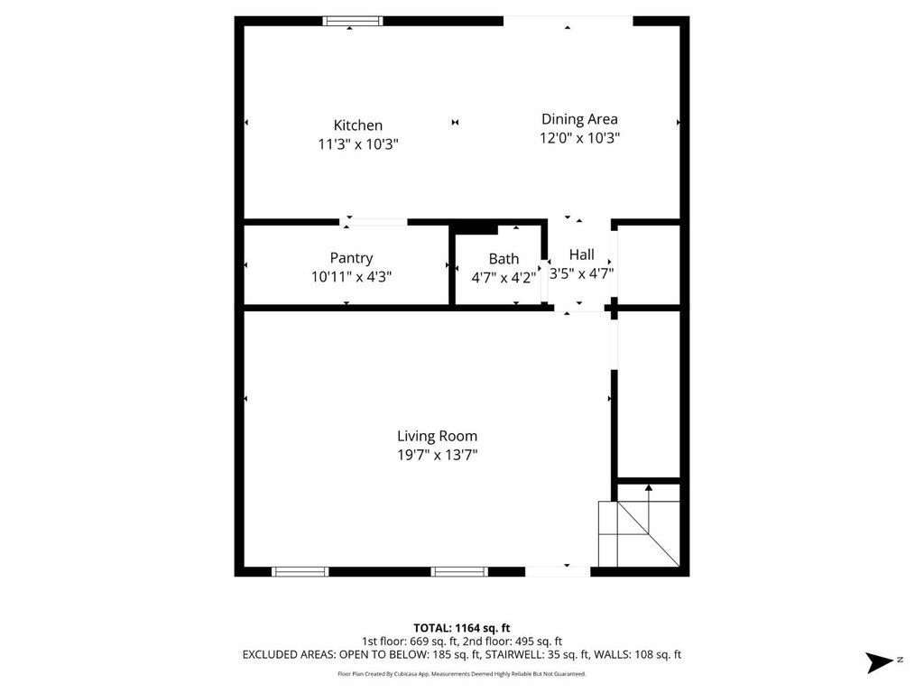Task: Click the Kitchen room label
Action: [x=357, y=125]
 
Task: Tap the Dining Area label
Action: [x=579, y=120]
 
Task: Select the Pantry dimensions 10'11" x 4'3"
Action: [x=351, y=277]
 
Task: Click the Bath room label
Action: [x=504, y=259]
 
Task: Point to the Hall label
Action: [x=582, y=254]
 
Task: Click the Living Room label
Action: [x=438, y=437]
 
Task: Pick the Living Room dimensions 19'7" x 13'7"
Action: [x=438, y=455]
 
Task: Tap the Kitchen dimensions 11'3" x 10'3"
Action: [x=358, y=144]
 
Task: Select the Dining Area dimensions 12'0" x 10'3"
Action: [x=580, y=138]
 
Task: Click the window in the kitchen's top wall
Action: [x=353, y=22]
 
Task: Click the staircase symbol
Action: [x=639, y=533]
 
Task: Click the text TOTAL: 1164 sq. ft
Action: [x=461, y=628]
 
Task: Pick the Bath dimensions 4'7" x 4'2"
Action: [x=504, y=278]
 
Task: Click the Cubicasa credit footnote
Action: [x=461, y=674]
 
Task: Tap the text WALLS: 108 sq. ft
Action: [x=638, y=655]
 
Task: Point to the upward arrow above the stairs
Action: [x=649, y=510]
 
